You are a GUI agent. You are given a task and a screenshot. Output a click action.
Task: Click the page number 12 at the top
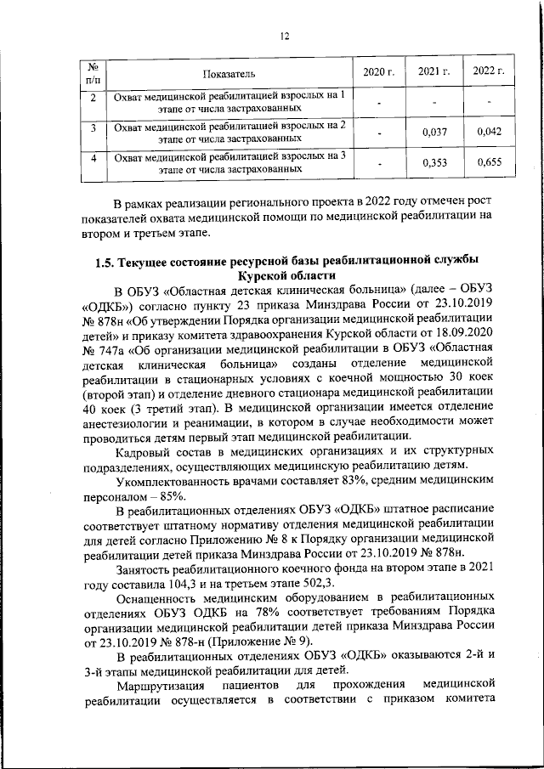pyautogui.click(x=286, y=36)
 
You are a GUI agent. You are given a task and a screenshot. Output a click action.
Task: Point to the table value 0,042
pyautogui.click(x=490, y=131)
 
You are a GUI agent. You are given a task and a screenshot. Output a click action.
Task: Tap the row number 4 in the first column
pyautogui.click(x=93, y=156)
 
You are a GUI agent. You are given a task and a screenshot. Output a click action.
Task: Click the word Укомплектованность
pyautogui.click(x=173, y=480)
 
